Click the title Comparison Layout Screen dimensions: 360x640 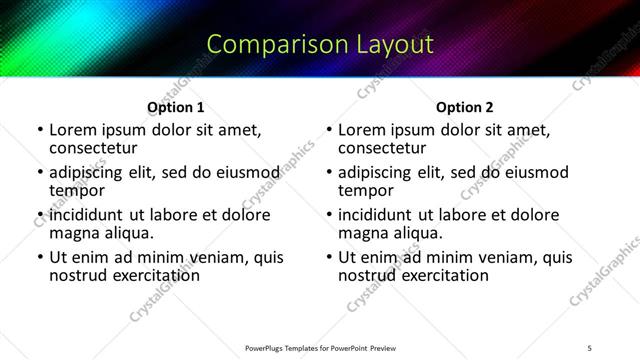[x=320, y=45]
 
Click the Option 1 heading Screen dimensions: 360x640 [x=176, y=107]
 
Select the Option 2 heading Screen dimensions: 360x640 [x=464, y=107]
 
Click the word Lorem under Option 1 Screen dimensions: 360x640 [x=72, y=130]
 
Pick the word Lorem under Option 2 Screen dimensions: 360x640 [x=361, y=130]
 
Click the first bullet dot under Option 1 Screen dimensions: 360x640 [x=39, y=131]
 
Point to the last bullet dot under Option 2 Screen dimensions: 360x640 [x=328, y=258]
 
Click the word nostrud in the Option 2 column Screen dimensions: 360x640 [x=368, y=274]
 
